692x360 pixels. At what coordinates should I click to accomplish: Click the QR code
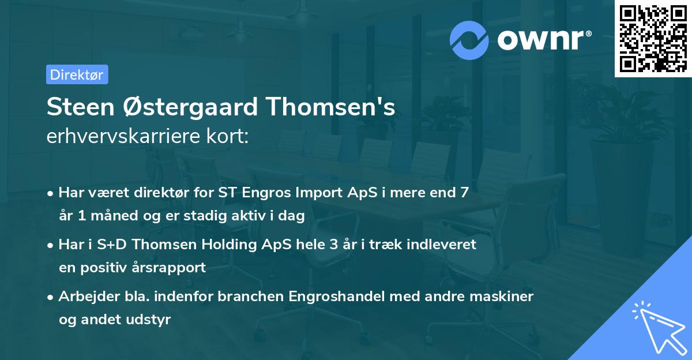[x=653, y=38]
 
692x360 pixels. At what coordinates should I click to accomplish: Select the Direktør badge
[x=77, y=74]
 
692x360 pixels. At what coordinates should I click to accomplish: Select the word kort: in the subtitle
[x=230, y=137]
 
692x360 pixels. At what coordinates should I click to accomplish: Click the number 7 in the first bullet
[x=464, y=192]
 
